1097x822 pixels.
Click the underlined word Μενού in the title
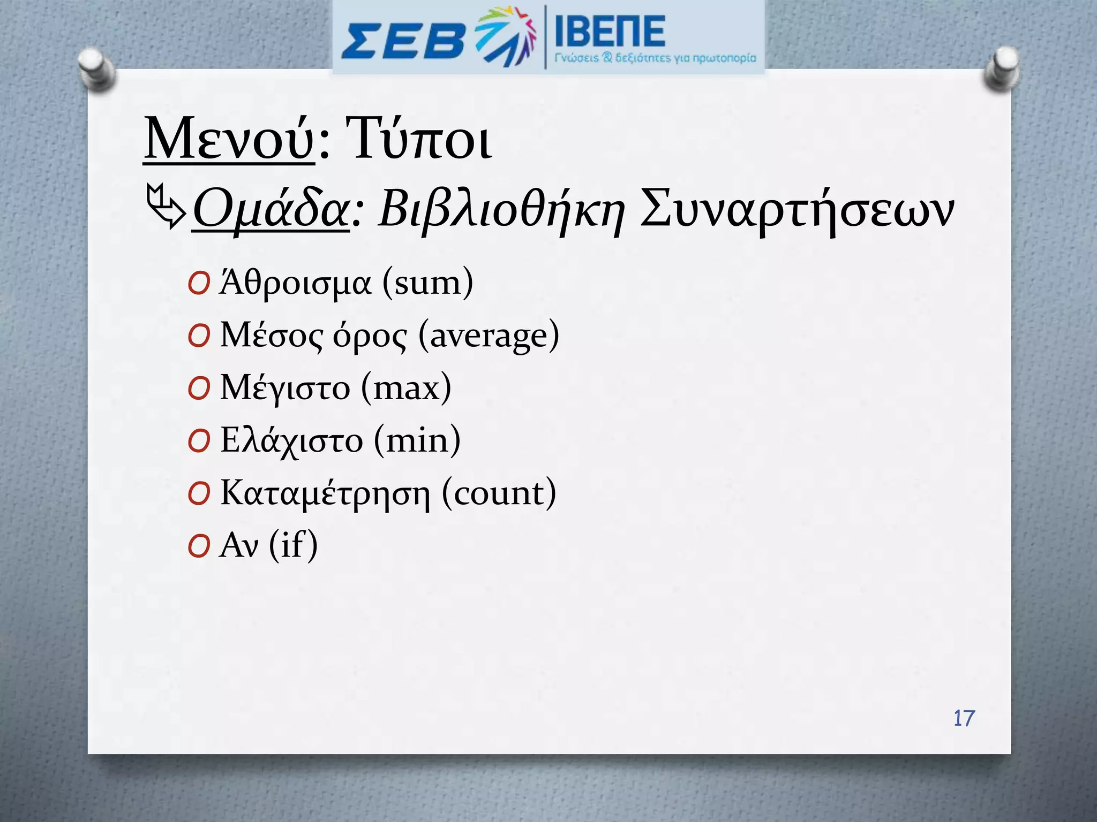[x=229, y=139]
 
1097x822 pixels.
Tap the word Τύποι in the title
[x=418, y=139]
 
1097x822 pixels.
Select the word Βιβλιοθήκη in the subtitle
[x=501, y=210]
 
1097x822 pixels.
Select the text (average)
[x=489, y=336]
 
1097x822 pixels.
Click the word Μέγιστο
[x=285, y=387]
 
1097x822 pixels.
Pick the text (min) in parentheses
[x=417, y=440]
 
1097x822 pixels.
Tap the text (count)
[x=499, y=492]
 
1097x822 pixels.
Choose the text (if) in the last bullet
[x=293, y=545]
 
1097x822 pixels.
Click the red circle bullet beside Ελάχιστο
[x=199, y=442]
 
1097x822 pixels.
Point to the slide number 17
[x=964, y=718]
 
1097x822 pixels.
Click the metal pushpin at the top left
[x=95, y=68]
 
